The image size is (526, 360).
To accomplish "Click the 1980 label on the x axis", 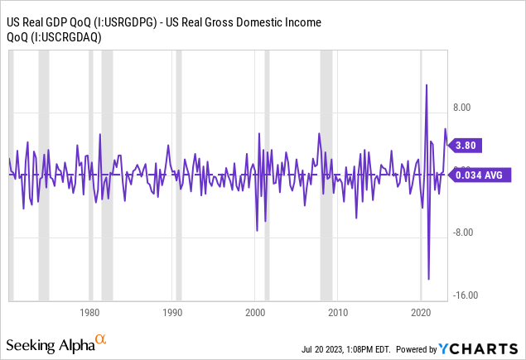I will pyautogui.click(x=90, y=312).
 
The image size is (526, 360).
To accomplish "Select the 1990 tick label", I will pyautogui.click(x=173, y=312).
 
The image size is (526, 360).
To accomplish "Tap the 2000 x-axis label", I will pyautogui.click(x=256, y=312).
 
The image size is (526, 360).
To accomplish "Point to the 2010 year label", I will pyautogui.click(x=338, y=312).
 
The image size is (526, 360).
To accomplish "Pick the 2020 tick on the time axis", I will pyautogui.click(x=421, y=312).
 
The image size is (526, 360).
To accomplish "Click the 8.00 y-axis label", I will pyautogui.click(x=462, y=108).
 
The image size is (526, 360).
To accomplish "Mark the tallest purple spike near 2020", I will pyautogui.click(x=427, y=84).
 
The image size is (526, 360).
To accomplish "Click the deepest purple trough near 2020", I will pyautogui.click(x=429, y=279).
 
